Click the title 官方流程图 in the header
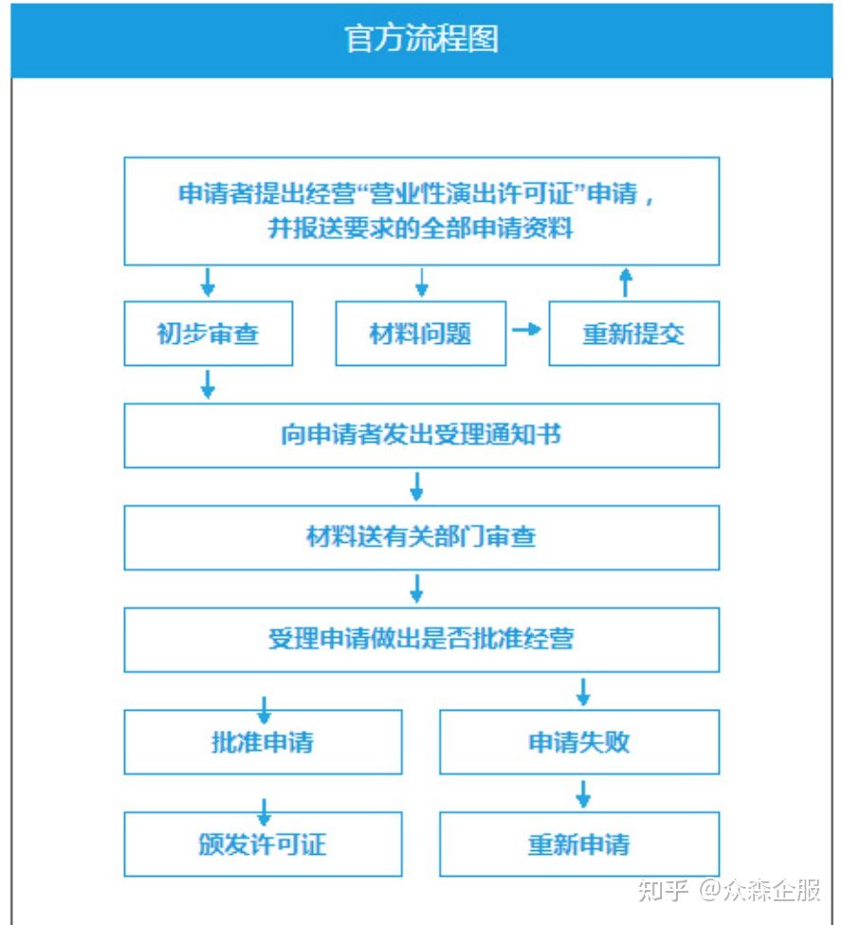click(x=421, y=39)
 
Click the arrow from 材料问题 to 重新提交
click(x=526, y=329)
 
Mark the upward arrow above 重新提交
click(x=626, y=282)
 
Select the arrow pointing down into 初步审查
click(x=208, y=282)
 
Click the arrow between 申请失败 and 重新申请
click(x=583, y=794)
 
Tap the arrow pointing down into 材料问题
click(x=421, y=282)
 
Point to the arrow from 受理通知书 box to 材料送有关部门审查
click(x=416, y=487)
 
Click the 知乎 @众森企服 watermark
click(x=729, y=890)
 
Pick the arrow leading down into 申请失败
click(x=583, y=692)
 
